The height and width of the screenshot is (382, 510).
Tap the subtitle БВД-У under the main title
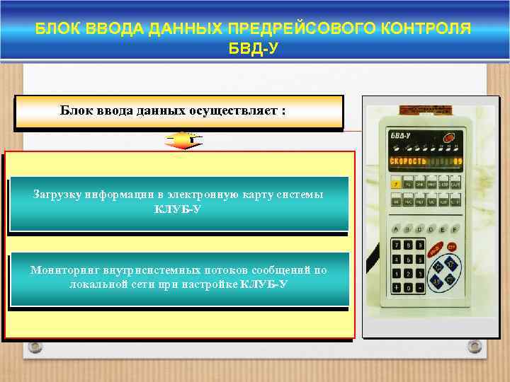point(255,50)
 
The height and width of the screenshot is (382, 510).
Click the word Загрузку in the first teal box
point(57,194)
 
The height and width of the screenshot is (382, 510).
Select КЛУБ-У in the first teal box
point(178,209)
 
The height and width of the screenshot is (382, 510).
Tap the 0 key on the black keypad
point(409,288)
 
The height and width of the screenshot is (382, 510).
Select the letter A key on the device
point(395,229)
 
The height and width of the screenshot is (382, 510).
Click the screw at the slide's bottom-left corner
point(34,347)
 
